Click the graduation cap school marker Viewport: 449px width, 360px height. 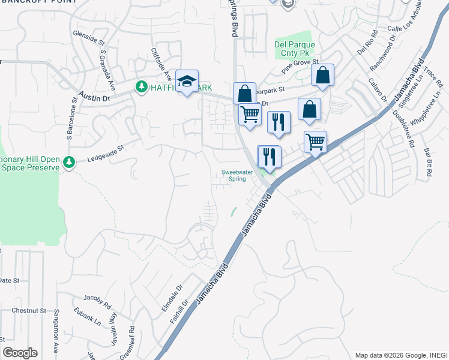click(187, 82)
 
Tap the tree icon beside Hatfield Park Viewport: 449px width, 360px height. click(142, 87)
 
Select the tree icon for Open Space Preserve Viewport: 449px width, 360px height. click(70, 162)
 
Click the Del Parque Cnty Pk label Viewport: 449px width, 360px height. click(295, 49)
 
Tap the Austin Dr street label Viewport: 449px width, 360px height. click(95, 96)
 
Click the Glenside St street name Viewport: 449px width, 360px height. click(88, 38)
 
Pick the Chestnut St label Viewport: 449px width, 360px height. click(29, 310)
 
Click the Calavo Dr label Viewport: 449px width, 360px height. click(378, 90)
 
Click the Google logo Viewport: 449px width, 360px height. click(20, 353)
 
